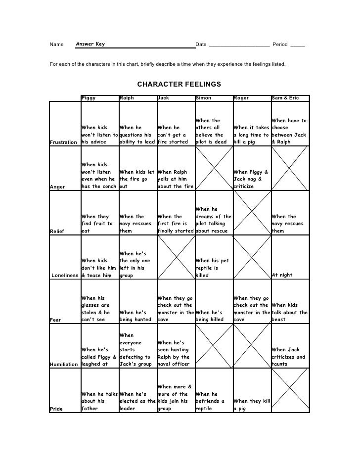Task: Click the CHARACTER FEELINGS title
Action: (179, 84)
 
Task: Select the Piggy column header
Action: (89, 98)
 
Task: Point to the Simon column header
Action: (203, 98)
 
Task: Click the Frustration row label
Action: (64, 142)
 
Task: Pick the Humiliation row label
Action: (64, 364)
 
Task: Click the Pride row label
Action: (56, 409)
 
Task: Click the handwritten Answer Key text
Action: (90, 45)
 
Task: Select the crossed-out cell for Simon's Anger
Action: (213, 169)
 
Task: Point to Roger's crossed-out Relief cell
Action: (251, 213)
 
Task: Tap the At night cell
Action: (289, 275)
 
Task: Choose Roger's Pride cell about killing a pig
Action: (251, 405)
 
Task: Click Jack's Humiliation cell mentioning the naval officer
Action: (175, 353)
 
